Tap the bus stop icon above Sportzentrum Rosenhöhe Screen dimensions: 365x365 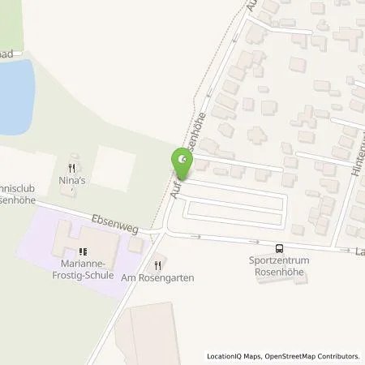(279, 249)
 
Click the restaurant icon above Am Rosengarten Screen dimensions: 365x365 (157, 264)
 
